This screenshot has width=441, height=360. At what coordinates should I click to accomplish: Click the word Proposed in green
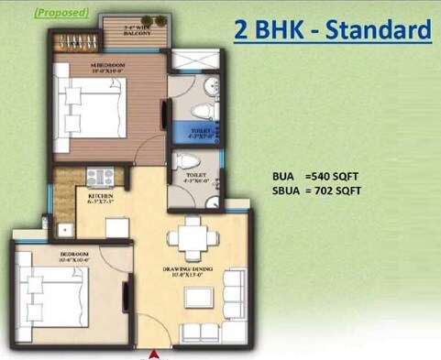point(61,13)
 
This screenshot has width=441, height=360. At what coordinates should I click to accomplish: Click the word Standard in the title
point(377,29)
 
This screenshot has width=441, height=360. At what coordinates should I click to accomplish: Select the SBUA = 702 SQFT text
point(316,191)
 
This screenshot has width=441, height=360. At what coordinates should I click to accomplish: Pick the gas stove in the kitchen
point(100,175)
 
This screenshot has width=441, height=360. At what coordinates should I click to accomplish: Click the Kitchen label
point(100,199)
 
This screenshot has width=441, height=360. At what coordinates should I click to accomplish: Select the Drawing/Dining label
point(190,271)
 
